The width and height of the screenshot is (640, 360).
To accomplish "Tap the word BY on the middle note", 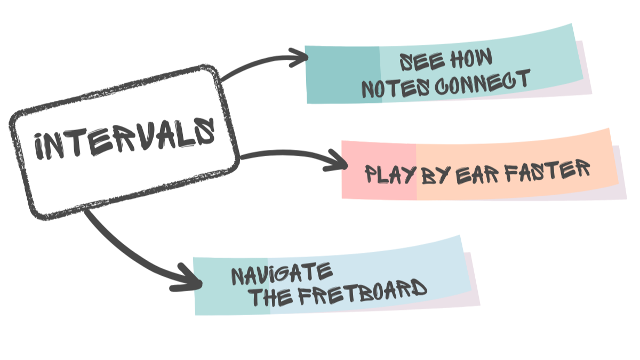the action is click(435, 174).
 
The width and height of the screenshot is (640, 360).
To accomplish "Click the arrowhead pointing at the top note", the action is click(298, 58).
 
